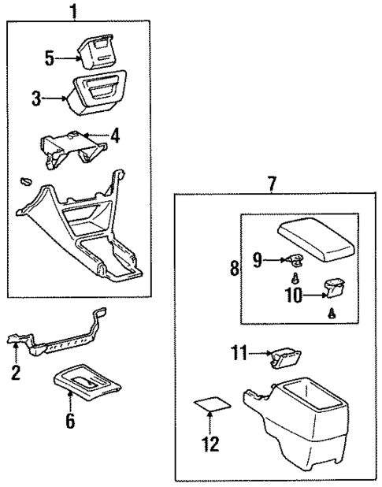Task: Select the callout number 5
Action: click(49, 58)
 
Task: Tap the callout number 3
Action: click(36, 99)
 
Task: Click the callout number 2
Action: click(15, 373)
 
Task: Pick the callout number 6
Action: click(70, 422)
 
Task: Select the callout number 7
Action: click(272, 184)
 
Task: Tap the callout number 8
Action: click(234, 268)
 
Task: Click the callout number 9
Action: click(258, 259)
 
